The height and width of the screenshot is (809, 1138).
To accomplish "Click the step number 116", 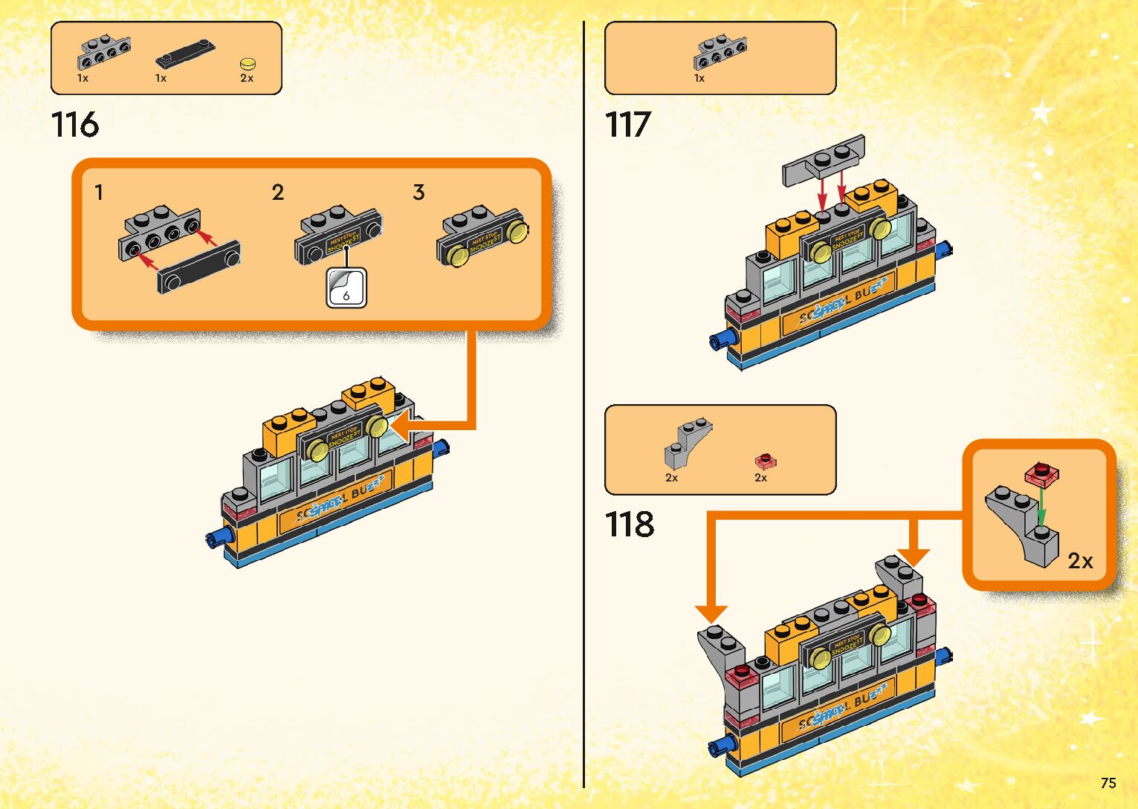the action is point(75,125).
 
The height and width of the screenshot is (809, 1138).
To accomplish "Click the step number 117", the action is point(628,125).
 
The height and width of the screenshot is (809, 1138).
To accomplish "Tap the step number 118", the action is point(630,524).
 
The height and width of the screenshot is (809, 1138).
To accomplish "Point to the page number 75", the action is point(1108,783).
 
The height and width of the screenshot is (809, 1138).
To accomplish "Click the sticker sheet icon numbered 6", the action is point(346,287).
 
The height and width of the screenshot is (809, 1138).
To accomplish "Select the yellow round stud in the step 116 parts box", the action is point(248,64).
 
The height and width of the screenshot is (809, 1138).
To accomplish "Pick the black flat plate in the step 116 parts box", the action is point(185,55).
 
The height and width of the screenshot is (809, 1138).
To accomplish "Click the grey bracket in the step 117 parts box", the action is point(720,53).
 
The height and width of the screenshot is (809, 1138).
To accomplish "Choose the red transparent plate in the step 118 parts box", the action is point(766,461).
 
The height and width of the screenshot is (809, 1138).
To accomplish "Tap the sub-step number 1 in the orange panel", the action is point(99,193).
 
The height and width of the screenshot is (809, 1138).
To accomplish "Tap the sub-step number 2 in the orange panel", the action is point(278,193).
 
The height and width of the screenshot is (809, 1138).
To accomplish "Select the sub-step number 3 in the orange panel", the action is point(418,193).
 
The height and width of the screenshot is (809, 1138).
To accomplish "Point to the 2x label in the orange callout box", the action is point(1080,561).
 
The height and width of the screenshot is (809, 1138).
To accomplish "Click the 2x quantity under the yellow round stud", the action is point(247,78).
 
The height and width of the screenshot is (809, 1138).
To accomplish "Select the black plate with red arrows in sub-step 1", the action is point(198,267).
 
